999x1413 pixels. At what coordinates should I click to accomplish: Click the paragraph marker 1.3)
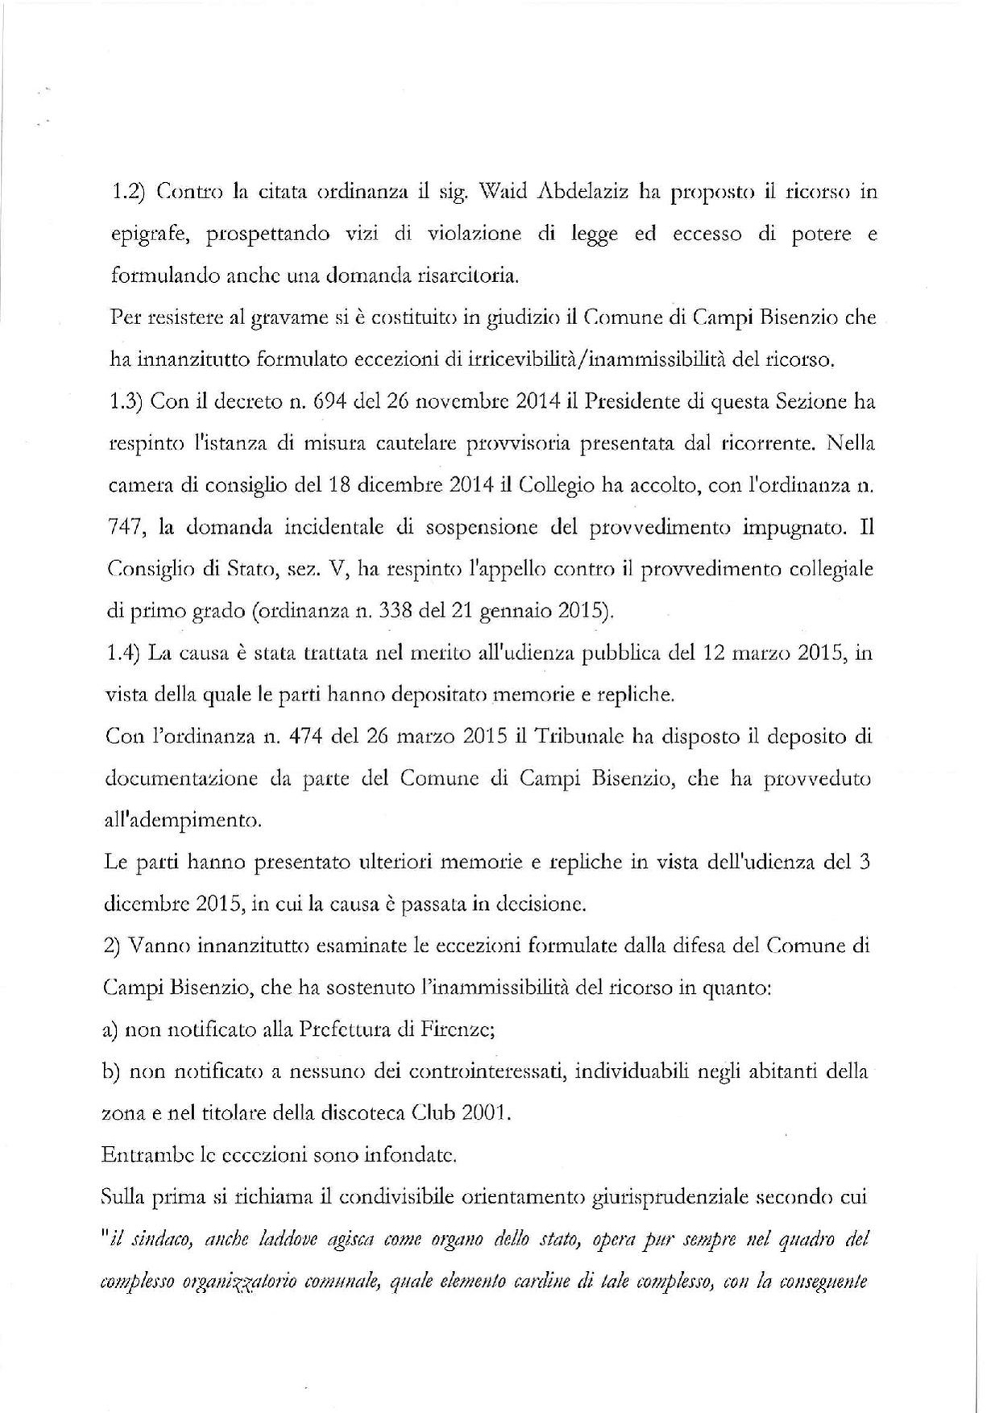coord(125,401)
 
